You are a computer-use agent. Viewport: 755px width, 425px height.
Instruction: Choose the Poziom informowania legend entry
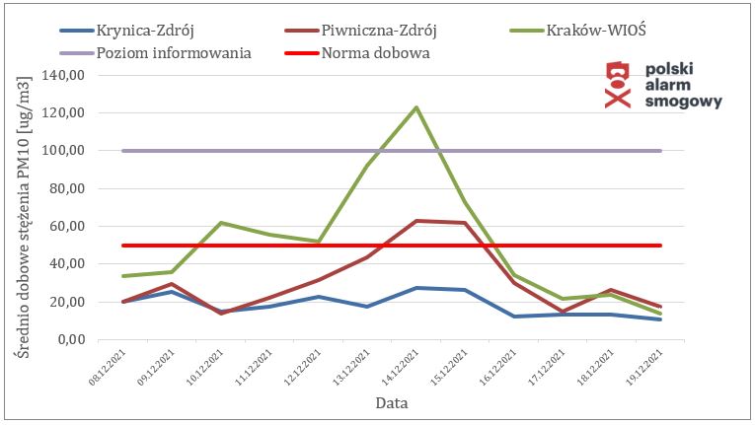(174, 52)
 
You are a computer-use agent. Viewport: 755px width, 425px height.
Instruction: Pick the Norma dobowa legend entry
(375, 52)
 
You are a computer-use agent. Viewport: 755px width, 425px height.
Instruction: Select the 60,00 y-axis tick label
(74, 227)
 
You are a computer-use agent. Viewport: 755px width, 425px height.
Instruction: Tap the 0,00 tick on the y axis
(78, 340)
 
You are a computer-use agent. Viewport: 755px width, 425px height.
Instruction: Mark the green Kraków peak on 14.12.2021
(416, 106)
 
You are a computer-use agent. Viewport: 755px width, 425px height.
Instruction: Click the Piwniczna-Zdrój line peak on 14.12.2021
(416, 221)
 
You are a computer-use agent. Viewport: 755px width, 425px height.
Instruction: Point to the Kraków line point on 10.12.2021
(220, 223)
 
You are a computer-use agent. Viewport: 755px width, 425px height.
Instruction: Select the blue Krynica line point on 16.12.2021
(514, 317)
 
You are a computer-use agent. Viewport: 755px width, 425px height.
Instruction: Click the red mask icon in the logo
(617, 85)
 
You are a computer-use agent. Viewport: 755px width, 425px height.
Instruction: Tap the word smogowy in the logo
(683, 102)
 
